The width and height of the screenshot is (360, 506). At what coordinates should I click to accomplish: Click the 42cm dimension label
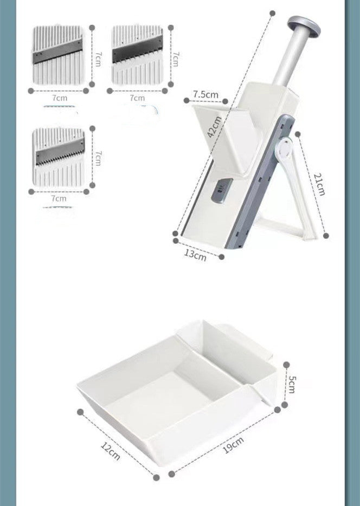[x=214, y=127]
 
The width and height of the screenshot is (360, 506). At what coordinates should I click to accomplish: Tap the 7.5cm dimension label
[x=205, y=95]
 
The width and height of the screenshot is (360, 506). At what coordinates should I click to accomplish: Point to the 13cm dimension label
[x=195, y=255]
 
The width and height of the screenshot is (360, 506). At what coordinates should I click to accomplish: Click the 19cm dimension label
[x=234, y=445]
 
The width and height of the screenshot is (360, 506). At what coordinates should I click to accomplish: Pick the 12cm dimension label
[x=111, y=451]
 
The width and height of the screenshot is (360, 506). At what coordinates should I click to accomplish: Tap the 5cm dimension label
[x=291, y=384]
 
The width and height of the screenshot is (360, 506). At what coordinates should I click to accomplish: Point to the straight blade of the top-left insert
[x=57, y=51]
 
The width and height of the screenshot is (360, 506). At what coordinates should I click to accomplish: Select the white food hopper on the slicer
[x=227, y=139]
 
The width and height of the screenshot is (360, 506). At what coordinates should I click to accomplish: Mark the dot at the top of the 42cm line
[x=273, y=13]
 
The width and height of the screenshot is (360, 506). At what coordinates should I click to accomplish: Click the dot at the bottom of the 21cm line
[x=326, y=236]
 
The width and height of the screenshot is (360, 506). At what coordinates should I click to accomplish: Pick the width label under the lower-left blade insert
[x=59, y=198]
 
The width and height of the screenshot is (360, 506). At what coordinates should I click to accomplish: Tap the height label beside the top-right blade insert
[x=175, y=59]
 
